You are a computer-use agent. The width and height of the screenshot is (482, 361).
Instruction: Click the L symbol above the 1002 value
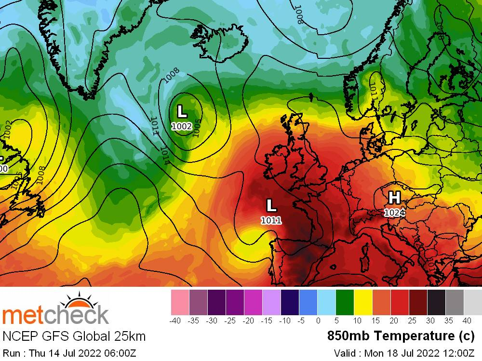click(182, 111)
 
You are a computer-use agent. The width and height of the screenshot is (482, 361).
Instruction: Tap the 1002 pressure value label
click(182, 126)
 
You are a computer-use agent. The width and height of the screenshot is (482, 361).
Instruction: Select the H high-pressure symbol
click(394, 197)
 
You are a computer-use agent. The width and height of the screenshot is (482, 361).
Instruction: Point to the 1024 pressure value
click(394, 212)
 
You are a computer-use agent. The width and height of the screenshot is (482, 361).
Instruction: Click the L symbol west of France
click(271, 206)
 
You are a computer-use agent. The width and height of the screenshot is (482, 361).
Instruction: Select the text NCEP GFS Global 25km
click(74, 336)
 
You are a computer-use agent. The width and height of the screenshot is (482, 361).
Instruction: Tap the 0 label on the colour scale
click(318, 321)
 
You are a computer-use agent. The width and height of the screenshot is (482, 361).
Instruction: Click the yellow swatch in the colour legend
click(363, 302)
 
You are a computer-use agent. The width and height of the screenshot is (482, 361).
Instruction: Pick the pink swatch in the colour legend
click(180, 302)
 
